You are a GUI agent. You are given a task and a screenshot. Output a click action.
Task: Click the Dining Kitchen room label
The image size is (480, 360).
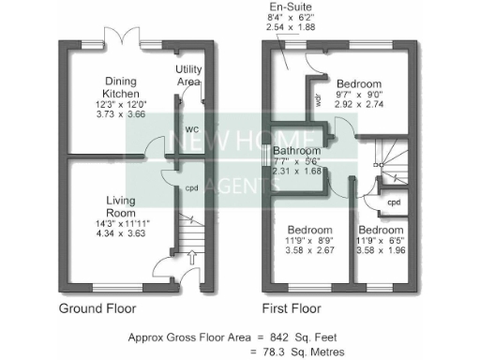122,87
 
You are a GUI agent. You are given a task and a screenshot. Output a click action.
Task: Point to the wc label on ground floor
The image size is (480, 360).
189,128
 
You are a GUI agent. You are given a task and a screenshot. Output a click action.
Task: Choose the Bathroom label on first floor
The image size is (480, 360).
297,150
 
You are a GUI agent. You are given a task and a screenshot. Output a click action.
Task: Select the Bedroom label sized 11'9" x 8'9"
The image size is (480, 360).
309,230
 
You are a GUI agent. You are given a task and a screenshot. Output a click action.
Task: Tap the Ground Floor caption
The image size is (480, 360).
97,307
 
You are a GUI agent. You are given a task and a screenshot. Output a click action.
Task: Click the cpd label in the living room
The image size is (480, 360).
190,187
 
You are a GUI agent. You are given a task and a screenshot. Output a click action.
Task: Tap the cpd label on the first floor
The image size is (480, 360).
394,201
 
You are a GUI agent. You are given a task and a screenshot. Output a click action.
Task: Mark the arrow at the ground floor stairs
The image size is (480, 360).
192,255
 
